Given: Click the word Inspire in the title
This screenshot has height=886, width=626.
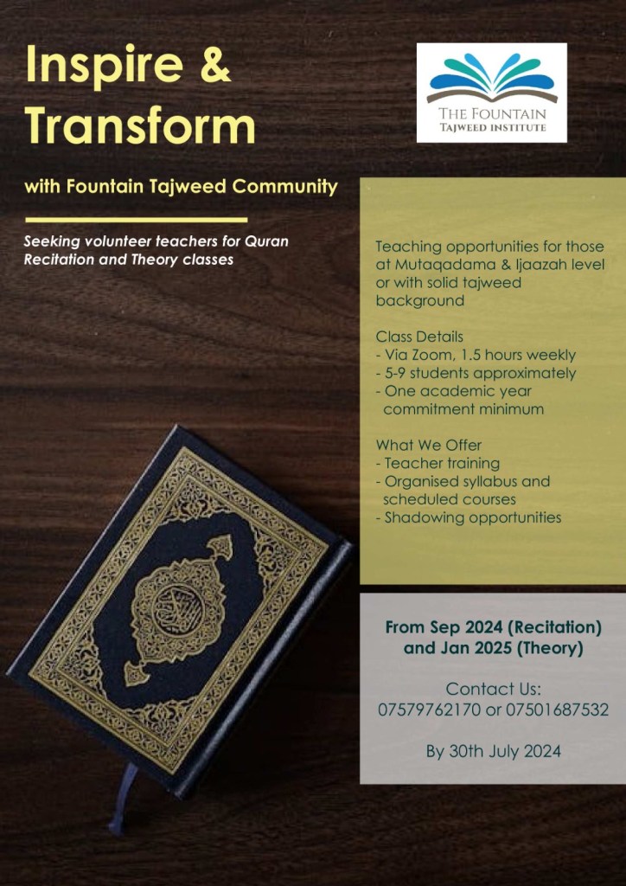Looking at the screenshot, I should pyautogui.click(x=98, y=66).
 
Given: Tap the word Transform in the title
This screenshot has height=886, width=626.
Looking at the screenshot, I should pyautogui.click(x=140, y=127).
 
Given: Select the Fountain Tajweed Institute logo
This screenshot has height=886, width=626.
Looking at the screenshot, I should pyautogui.click(x=491, y=93).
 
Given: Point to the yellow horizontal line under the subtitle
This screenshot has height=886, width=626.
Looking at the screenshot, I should pyautogui.click(x=137, y=220).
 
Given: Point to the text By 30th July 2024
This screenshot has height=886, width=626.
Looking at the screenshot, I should pyautogui.click(x=493, y=751).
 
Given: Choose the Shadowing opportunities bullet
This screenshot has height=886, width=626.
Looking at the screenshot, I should pyautogui.click(x=472, y=517).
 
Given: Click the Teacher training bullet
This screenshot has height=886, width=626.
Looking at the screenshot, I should pyautogui.click(x=442, y=463).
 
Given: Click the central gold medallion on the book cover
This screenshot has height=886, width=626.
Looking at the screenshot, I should pyautogui.click(x=178, y=606).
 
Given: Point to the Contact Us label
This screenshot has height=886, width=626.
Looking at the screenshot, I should pyautogui.click(x=493, y=690).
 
